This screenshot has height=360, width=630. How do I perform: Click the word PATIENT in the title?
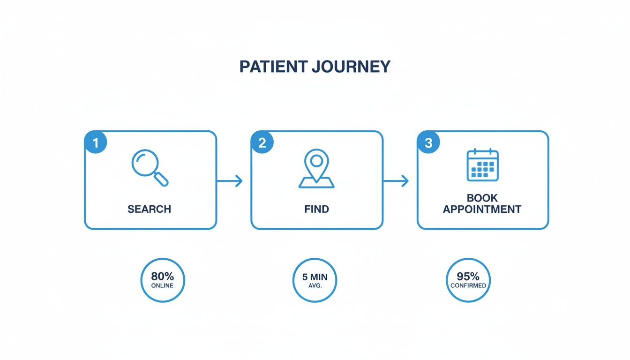273,67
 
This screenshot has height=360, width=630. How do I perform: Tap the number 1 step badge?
96,143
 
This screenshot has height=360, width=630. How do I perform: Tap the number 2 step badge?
262,143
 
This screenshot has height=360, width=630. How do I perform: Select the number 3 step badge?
428,143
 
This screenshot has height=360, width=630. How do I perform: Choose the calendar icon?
482,165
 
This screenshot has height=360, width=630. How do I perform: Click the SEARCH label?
149,209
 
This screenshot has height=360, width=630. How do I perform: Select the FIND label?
316,209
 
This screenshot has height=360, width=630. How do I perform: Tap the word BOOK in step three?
482,198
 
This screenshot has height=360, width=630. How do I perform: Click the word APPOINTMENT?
482,210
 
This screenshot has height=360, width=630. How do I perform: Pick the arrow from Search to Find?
230,181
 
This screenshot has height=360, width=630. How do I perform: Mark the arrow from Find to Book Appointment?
396,181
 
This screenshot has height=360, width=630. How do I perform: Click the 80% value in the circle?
162,277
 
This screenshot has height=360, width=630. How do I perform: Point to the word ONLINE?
162,285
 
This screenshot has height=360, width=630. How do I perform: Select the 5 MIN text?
315,277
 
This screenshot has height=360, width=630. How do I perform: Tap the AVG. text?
315,285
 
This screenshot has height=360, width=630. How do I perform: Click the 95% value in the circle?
468,277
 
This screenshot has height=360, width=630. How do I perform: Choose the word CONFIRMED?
468,285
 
